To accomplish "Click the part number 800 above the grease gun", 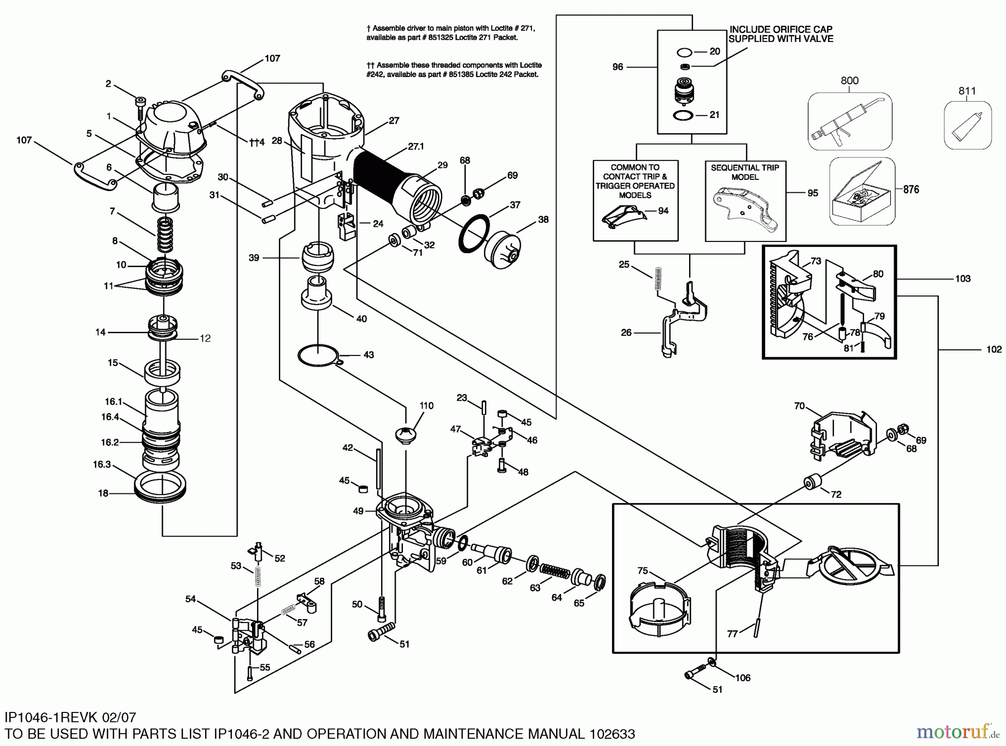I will coord(849,80).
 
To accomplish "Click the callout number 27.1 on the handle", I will coord(416,146).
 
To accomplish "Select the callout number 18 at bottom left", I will coord(103,493).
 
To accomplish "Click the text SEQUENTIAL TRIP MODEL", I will coord(745,172).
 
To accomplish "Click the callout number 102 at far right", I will coord(994,349).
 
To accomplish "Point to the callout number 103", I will coord(962,278).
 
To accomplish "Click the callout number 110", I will coord(426,406).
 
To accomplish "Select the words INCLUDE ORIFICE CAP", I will coord(781,29).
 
